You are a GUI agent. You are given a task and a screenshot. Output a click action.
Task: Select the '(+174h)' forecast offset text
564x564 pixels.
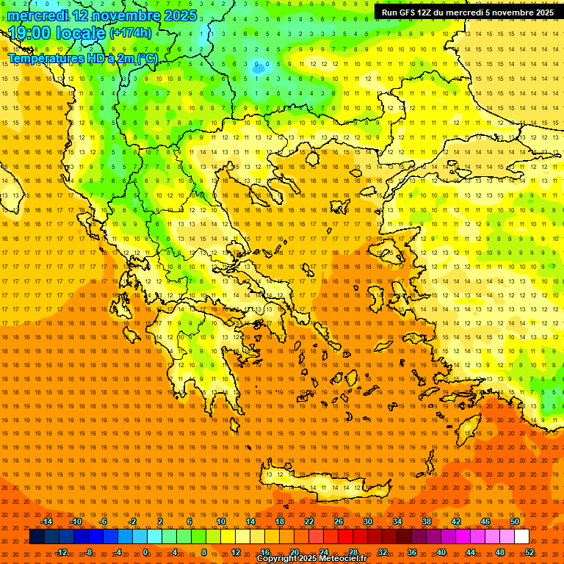point(131,33)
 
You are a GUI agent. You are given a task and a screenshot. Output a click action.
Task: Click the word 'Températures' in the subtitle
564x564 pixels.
point(43,58)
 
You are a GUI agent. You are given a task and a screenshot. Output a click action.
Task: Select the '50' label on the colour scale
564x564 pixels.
point(514,521)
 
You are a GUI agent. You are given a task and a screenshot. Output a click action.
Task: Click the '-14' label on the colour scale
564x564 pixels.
point(46,521)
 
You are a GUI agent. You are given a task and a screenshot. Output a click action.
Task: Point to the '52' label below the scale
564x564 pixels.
point(530,552)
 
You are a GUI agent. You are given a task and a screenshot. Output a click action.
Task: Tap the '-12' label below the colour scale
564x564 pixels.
point(61,552)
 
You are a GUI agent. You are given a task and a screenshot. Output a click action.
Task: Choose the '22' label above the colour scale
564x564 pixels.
point(309,521)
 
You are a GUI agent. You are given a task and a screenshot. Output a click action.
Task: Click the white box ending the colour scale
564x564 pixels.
point(522,537)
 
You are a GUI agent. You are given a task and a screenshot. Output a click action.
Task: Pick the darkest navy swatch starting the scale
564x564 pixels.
point(37,537)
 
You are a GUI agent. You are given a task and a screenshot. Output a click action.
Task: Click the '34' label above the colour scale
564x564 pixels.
point(397,521)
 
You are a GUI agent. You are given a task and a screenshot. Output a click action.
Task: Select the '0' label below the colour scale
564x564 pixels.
point(145,552)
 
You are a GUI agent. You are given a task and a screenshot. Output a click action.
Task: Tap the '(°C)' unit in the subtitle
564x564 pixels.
point(145,58)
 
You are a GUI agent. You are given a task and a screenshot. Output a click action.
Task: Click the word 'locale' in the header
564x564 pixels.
point(80,33)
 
